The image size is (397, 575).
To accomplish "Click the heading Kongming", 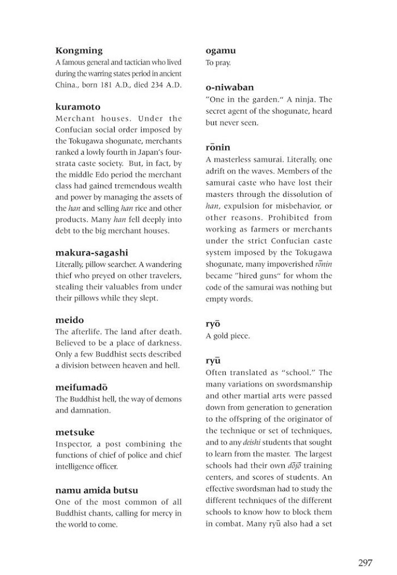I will (x=78, y=51).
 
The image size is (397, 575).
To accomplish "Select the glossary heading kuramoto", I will (x=78, y=107).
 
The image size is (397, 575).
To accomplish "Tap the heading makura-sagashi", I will (x=95, y=253).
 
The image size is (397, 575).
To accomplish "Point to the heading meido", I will (x=69, y=320).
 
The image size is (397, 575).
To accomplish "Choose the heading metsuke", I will (x=75, y=432).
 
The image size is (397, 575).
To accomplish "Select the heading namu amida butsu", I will (x=96, y=490).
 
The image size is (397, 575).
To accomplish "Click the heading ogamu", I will (x=220, y=51).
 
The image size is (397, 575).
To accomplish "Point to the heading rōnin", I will (x=218, y=148).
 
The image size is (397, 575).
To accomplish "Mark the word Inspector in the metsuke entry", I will (x=74, y=444).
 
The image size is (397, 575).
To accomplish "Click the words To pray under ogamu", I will (x=218, y=62).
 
